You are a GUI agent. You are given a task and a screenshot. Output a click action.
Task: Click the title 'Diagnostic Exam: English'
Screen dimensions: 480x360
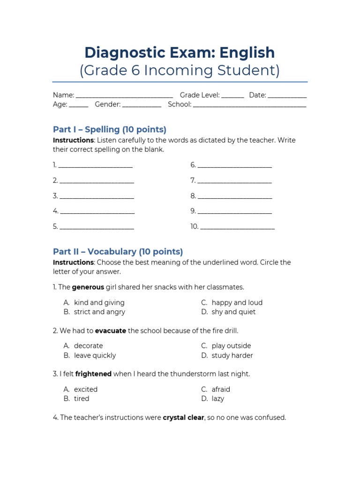click(180, 52)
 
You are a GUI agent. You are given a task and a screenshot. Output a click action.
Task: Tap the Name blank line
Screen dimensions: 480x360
click(124, 96)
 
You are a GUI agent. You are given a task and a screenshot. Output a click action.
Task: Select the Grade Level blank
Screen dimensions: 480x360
click(232, 96)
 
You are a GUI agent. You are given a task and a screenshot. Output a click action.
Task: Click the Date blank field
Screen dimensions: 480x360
click(287, 96)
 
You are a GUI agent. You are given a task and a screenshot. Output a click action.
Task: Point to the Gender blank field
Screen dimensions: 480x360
click(142, 105)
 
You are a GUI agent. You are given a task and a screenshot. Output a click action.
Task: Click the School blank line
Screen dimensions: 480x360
click(249, 105)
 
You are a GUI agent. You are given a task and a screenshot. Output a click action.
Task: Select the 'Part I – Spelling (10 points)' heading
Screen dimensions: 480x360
click(110, 129)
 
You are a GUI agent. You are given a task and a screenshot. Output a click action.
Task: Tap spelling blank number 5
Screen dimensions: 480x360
click(97, 227)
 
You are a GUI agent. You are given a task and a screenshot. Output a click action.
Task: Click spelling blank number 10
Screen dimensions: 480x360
click(237, 227)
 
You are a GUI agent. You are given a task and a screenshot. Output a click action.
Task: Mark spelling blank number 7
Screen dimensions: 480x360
click(234, 181)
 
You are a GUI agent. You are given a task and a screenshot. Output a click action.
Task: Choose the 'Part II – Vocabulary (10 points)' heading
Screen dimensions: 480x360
click(118, 252)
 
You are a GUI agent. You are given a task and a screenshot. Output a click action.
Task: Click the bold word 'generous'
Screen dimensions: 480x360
click(88, 287)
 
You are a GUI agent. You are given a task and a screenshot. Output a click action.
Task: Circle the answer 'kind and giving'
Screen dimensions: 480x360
click(99, 302)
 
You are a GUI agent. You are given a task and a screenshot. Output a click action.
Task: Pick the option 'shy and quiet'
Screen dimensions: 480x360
click(233, 312)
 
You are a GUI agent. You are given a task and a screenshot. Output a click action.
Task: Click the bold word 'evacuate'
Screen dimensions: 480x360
click(110, 330)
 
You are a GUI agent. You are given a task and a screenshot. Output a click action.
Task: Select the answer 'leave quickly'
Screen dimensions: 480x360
click(95, 355)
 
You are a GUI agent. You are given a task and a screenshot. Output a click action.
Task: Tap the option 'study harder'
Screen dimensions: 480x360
click(232, 355)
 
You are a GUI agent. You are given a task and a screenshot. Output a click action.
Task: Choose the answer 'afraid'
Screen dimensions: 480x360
click(221, 389)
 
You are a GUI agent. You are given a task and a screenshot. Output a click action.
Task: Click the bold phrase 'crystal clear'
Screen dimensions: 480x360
click(183, 417)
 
